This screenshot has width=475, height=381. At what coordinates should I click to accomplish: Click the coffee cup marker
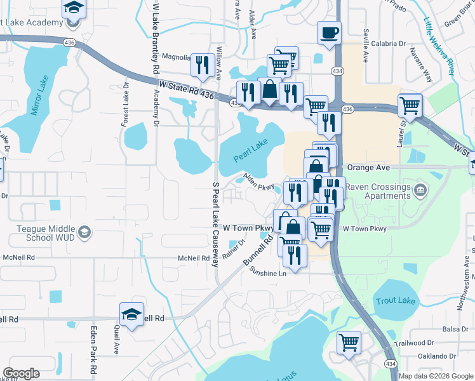coord(328,33)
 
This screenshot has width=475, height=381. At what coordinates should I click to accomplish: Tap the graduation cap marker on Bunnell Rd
coord(131,315)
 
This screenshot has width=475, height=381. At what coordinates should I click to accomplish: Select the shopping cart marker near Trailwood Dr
coord(349,343)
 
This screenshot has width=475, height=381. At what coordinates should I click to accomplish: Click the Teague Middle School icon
coord(83,234)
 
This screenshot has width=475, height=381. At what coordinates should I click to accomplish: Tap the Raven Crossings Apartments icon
coord(420,190)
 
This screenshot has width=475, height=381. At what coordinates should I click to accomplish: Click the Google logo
coord(21,373)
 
